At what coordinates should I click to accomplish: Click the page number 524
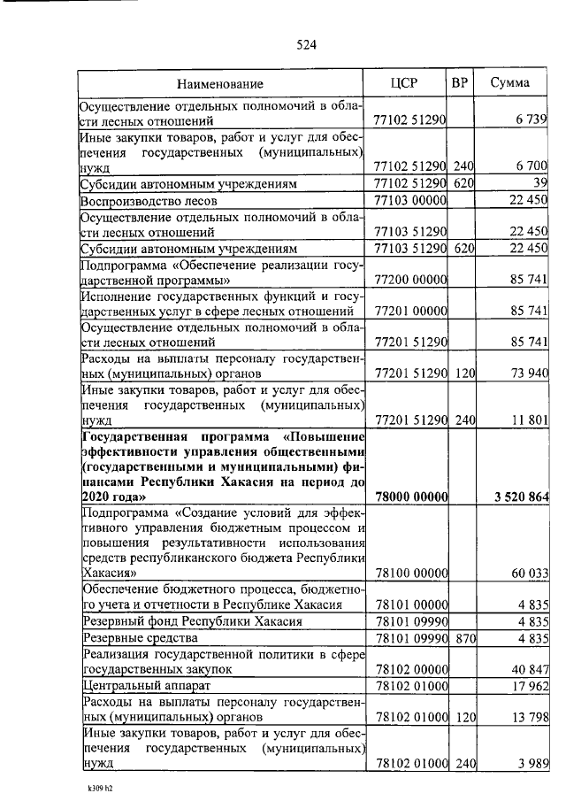pyautogui.click(x=306, y=45)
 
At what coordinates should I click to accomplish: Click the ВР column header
pyautogui.click(x=460, y=83)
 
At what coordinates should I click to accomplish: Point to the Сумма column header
pyautogui.click(x=510, y=83)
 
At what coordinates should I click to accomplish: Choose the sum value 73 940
pyautogui.click(x=527, y=374)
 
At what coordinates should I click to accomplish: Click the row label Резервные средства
pyautogui.click(x=140, y=638)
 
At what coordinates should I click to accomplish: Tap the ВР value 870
pyautogui.click(x=460, y=638)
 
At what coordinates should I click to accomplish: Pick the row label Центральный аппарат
pyautogui.click(x=143, y=686)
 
